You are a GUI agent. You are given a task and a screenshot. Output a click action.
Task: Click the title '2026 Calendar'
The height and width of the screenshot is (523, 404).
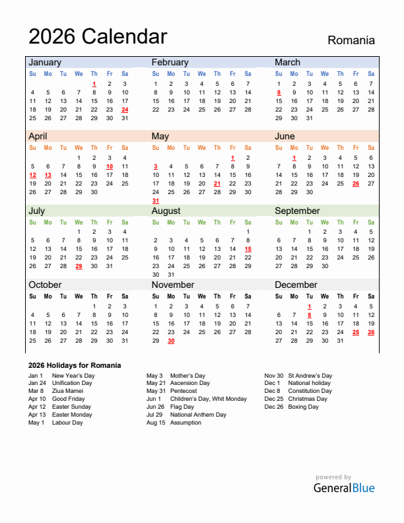pyautogui.click(x=98, y=36)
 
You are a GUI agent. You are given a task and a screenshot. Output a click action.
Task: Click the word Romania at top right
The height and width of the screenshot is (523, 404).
pyautogui.click(x=351, y=40)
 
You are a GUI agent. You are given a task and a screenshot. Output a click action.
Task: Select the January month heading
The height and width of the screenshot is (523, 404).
pyautogui.click(x=44, y=62)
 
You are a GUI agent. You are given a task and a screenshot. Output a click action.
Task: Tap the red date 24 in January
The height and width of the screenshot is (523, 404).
pyautogui.click(x=125, y=110)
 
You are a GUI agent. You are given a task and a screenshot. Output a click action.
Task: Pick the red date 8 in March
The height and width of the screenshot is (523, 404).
pyautogui.click(x=279, y=92)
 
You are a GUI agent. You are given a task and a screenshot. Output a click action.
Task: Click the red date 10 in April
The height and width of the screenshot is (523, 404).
pyautogui.click(x=110, y=166)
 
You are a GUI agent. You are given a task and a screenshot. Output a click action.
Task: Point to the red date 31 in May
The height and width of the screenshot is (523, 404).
pyautogui.click(x=156, y=201)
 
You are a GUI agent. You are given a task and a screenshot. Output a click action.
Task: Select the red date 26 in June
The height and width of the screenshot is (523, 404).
pyautogui.click(x=356, y=184)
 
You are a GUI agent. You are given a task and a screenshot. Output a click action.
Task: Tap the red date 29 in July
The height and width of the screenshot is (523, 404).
pyautogui.click(x=79, y=266)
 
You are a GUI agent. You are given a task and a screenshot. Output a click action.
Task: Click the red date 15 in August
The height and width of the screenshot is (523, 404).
pyautogui.click(x=248, y=249)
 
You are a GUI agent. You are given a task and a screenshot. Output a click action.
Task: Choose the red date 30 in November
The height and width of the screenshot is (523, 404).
pyautogui.click(x=171, y=341)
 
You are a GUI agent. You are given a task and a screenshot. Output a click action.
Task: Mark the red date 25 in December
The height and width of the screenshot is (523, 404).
pyautogui.click(x=356, y=332)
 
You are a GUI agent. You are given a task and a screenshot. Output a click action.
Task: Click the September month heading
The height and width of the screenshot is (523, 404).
pyautogui.click(x=297, y=211)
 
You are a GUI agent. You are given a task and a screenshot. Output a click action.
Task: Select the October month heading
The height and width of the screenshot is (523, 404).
pyautogui.click(x=44, y=285)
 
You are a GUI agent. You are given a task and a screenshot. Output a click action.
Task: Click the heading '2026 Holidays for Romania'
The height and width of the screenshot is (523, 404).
pyautogui.click(x=75, y=365)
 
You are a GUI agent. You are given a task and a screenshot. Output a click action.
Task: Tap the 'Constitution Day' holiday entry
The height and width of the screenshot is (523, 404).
pyautogui.click(x=310, y=391)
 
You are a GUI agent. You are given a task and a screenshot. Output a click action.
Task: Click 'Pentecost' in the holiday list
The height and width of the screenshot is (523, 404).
pyautogui.click(x=184, y=391)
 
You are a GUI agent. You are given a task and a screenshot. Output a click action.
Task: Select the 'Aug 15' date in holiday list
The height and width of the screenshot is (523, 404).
pyautogui.click(x=156, y=423)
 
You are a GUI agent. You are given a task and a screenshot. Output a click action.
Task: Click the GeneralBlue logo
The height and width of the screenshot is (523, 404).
pyautogui.click(x=343, y=488)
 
